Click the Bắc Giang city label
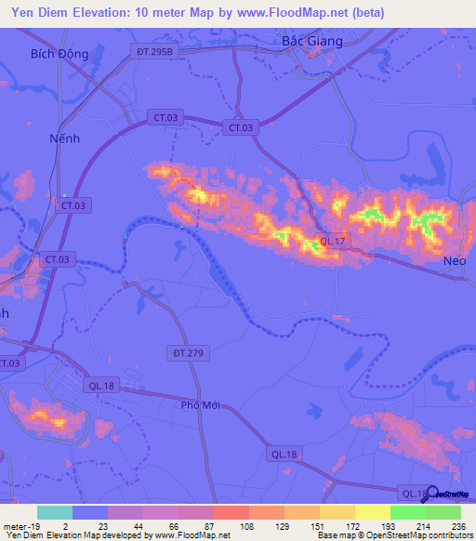(311, 41)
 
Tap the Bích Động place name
(59, 54)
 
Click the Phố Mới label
(205, 405)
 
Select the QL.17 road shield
(333, 241)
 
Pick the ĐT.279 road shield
(186, 352)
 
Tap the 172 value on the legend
(338, 526)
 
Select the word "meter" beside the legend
(13, 526)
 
